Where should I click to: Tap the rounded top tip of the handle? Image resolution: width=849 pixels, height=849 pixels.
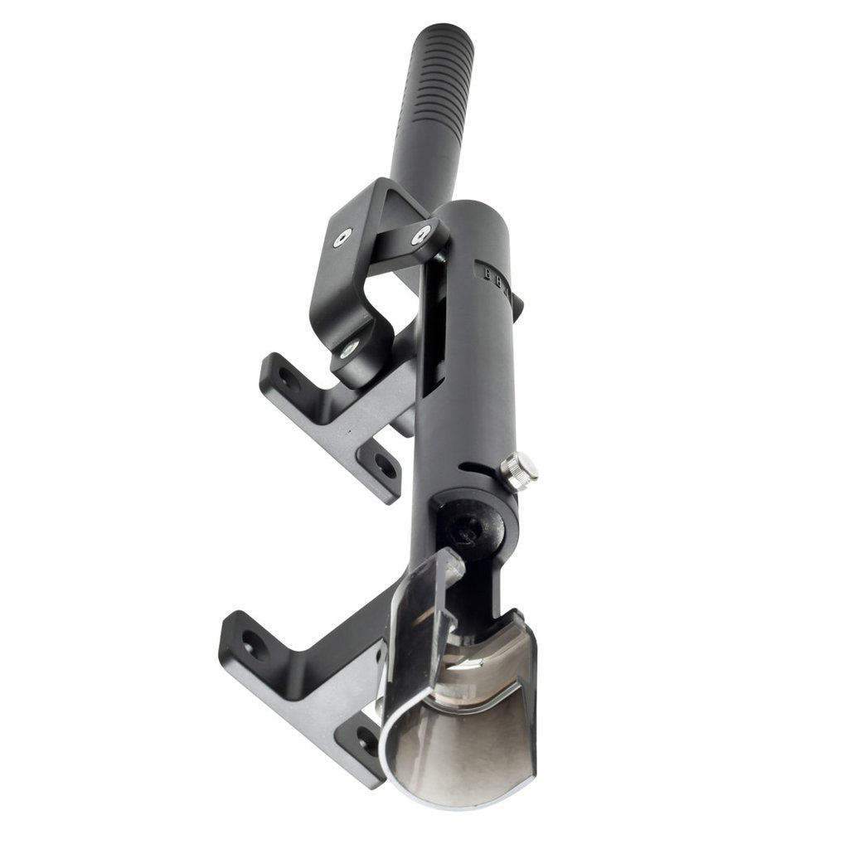point(447,32)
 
